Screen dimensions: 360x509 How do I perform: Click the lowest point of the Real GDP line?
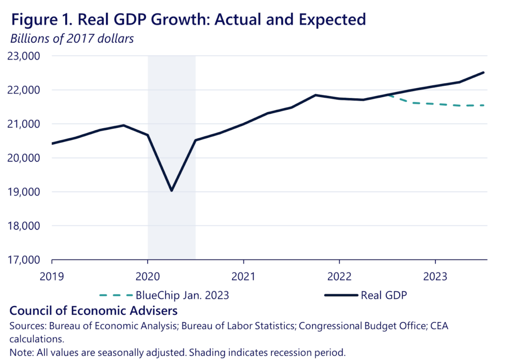(171, 190)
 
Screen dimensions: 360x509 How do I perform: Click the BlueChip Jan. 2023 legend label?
(182, 295)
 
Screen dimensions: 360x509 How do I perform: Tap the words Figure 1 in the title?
(37, 19)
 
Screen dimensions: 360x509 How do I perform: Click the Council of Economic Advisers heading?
(93, 311)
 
